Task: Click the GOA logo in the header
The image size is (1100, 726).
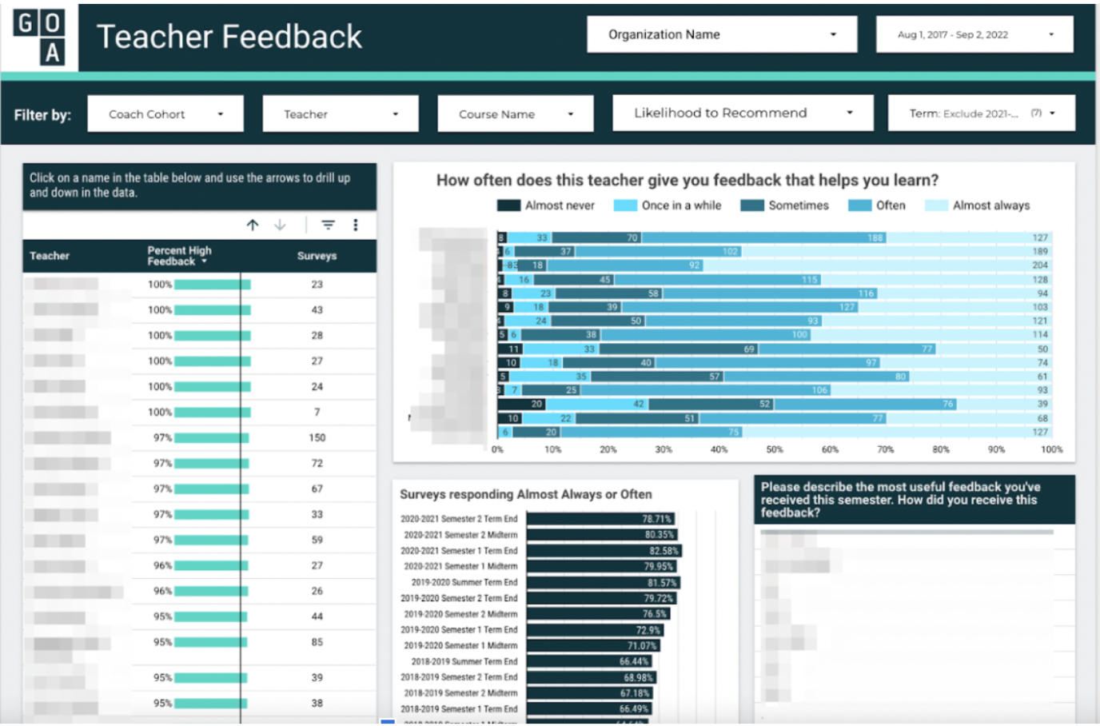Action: (x=39, y=37)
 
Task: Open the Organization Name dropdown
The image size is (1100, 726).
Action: (x=721, y=34)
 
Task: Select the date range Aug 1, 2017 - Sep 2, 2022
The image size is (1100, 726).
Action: (x=974, y=34)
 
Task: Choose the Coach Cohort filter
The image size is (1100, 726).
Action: (x=166, y=114)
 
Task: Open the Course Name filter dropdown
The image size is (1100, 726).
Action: (x=515, y=114)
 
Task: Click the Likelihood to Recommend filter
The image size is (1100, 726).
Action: (x=742, y=113)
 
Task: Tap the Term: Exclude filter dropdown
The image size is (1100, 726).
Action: (x=981, y=114)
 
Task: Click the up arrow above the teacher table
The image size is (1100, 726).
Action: (x=253, y=225)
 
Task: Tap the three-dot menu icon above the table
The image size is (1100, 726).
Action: (x=356, y=225)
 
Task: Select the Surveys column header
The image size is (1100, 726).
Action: (x=317, y=256)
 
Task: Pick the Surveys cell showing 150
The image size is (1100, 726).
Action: (x=317, y=438)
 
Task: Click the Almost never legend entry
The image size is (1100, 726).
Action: (x=546, y=205)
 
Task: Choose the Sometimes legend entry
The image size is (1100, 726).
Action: (x=785, y=205)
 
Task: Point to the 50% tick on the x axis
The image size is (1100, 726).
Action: (x=774, y=449)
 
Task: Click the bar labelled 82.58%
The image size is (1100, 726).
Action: (x=604, y=551)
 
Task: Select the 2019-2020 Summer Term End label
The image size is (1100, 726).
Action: (x=464, y=583)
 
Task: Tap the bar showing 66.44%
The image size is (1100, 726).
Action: (x=588, y=661)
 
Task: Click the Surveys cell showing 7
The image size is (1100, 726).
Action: (x=317, y=413)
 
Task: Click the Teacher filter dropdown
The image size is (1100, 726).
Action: (x=340, y=114)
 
